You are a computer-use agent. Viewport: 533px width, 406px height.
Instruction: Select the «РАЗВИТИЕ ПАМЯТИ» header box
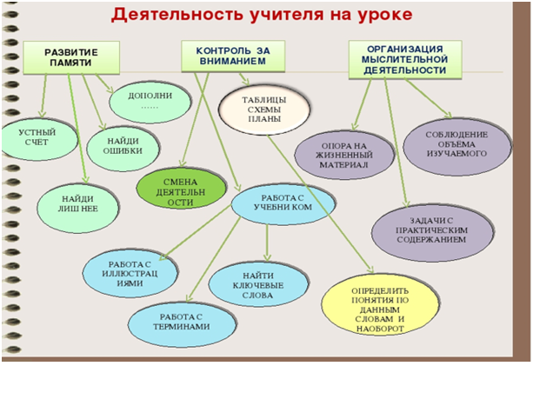pyautogui.click(x=71, y=57)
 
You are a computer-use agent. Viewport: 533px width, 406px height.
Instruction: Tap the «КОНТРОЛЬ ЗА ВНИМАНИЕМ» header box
pyautogui.click(x=233, y=56)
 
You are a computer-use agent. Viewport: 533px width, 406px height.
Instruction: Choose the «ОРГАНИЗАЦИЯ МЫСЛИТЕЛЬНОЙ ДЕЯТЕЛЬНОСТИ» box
pyautogui.click(x=405, y=60)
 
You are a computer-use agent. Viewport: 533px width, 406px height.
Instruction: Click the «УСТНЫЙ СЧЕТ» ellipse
pyautogui.click(x=39, y=139)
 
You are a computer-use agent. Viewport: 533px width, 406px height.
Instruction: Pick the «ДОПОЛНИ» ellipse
pyautogui.click(x=150, y=102)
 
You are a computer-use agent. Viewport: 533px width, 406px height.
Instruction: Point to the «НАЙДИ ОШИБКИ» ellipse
pyautogui.click(x=123, y=148)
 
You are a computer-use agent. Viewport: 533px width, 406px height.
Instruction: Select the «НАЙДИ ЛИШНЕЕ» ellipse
pyautogui.click(x=78, y=207)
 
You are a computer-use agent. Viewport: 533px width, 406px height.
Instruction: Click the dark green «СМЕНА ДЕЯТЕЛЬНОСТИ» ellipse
pyautogui.click(x=181, y=189)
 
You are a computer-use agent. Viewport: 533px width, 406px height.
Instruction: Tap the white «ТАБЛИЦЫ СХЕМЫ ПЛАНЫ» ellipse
pyautogui.click(x=264, y=110)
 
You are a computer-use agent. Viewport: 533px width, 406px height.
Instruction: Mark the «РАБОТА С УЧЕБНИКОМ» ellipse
pyautogui.click(x=283, y=203)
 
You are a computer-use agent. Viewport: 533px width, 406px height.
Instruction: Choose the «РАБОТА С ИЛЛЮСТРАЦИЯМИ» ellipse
pyautogui.click(x=130, y=274)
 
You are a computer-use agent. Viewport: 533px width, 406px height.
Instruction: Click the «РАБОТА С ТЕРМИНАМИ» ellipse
pyautogui.click(x=182, y=323)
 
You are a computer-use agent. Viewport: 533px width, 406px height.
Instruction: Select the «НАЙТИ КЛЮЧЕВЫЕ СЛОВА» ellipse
pyautogui.click(x=258, y=284)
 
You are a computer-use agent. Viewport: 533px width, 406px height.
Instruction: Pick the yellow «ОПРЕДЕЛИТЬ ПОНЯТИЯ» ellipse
pyautogui.click(x=380, y=305)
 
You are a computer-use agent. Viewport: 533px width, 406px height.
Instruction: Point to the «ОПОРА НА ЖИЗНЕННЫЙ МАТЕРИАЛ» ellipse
pyautogui.click(x=344, y=155)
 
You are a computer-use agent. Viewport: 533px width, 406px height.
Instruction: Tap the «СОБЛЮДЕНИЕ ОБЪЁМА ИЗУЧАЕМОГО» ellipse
pyautogui.click(x=456, y=146)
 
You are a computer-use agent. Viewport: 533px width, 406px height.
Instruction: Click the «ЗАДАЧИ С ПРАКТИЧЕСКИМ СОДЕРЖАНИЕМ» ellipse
pyautogui.click(x=432, y=232)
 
